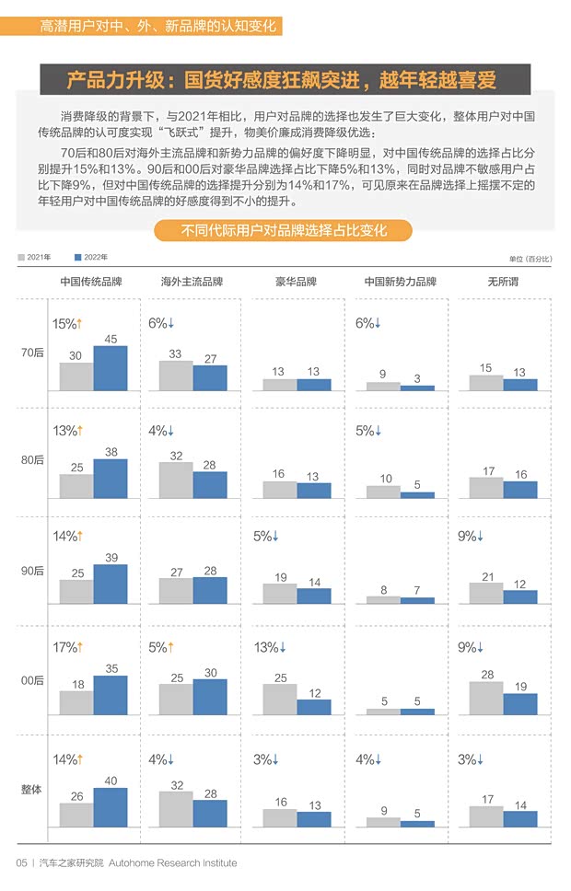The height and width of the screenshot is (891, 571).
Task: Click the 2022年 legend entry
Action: (x=92, y=257)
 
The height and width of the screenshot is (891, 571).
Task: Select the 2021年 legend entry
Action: (x=35, y=257)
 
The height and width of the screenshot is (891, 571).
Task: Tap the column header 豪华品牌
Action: (x=297, y=282)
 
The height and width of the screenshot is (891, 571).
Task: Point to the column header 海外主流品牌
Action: (x=192, y=282)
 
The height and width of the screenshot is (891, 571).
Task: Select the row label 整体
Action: (x=32, y=789)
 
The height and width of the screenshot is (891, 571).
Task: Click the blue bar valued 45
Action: (x=111, y=368)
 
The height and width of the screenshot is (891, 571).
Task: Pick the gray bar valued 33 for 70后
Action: (x=176, y=376)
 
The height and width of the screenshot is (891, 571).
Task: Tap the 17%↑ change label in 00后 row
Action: (x=67, y=647)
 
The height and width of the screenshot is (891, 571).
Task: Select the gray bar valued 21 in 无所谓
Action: (x=486, y=593)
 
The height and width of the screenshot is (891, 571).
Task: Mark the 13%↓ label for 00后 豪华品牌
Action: (x=269, y=647)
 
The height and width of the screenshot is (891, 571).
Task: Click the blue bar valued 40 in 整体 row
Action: (x=111, y=807)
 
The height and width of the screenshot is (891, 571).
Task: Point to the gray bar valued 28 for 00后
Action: (x=486, y=698)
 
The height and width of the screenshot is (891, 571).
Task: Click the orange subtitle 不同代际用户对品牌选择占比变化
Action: (x=284, y=230)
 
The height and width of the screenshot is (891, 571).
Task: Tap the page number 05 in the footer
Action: (x=21, y=863)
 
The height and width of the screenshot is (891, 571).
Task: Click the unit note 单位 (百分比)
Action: (x=530, y=259)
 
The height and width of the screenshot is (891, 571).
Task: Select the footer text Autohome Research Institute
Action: (x=172, y=863)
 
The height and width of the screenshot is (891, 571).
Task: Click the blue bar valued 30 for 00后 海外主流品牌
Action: (x=210, y=697)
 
